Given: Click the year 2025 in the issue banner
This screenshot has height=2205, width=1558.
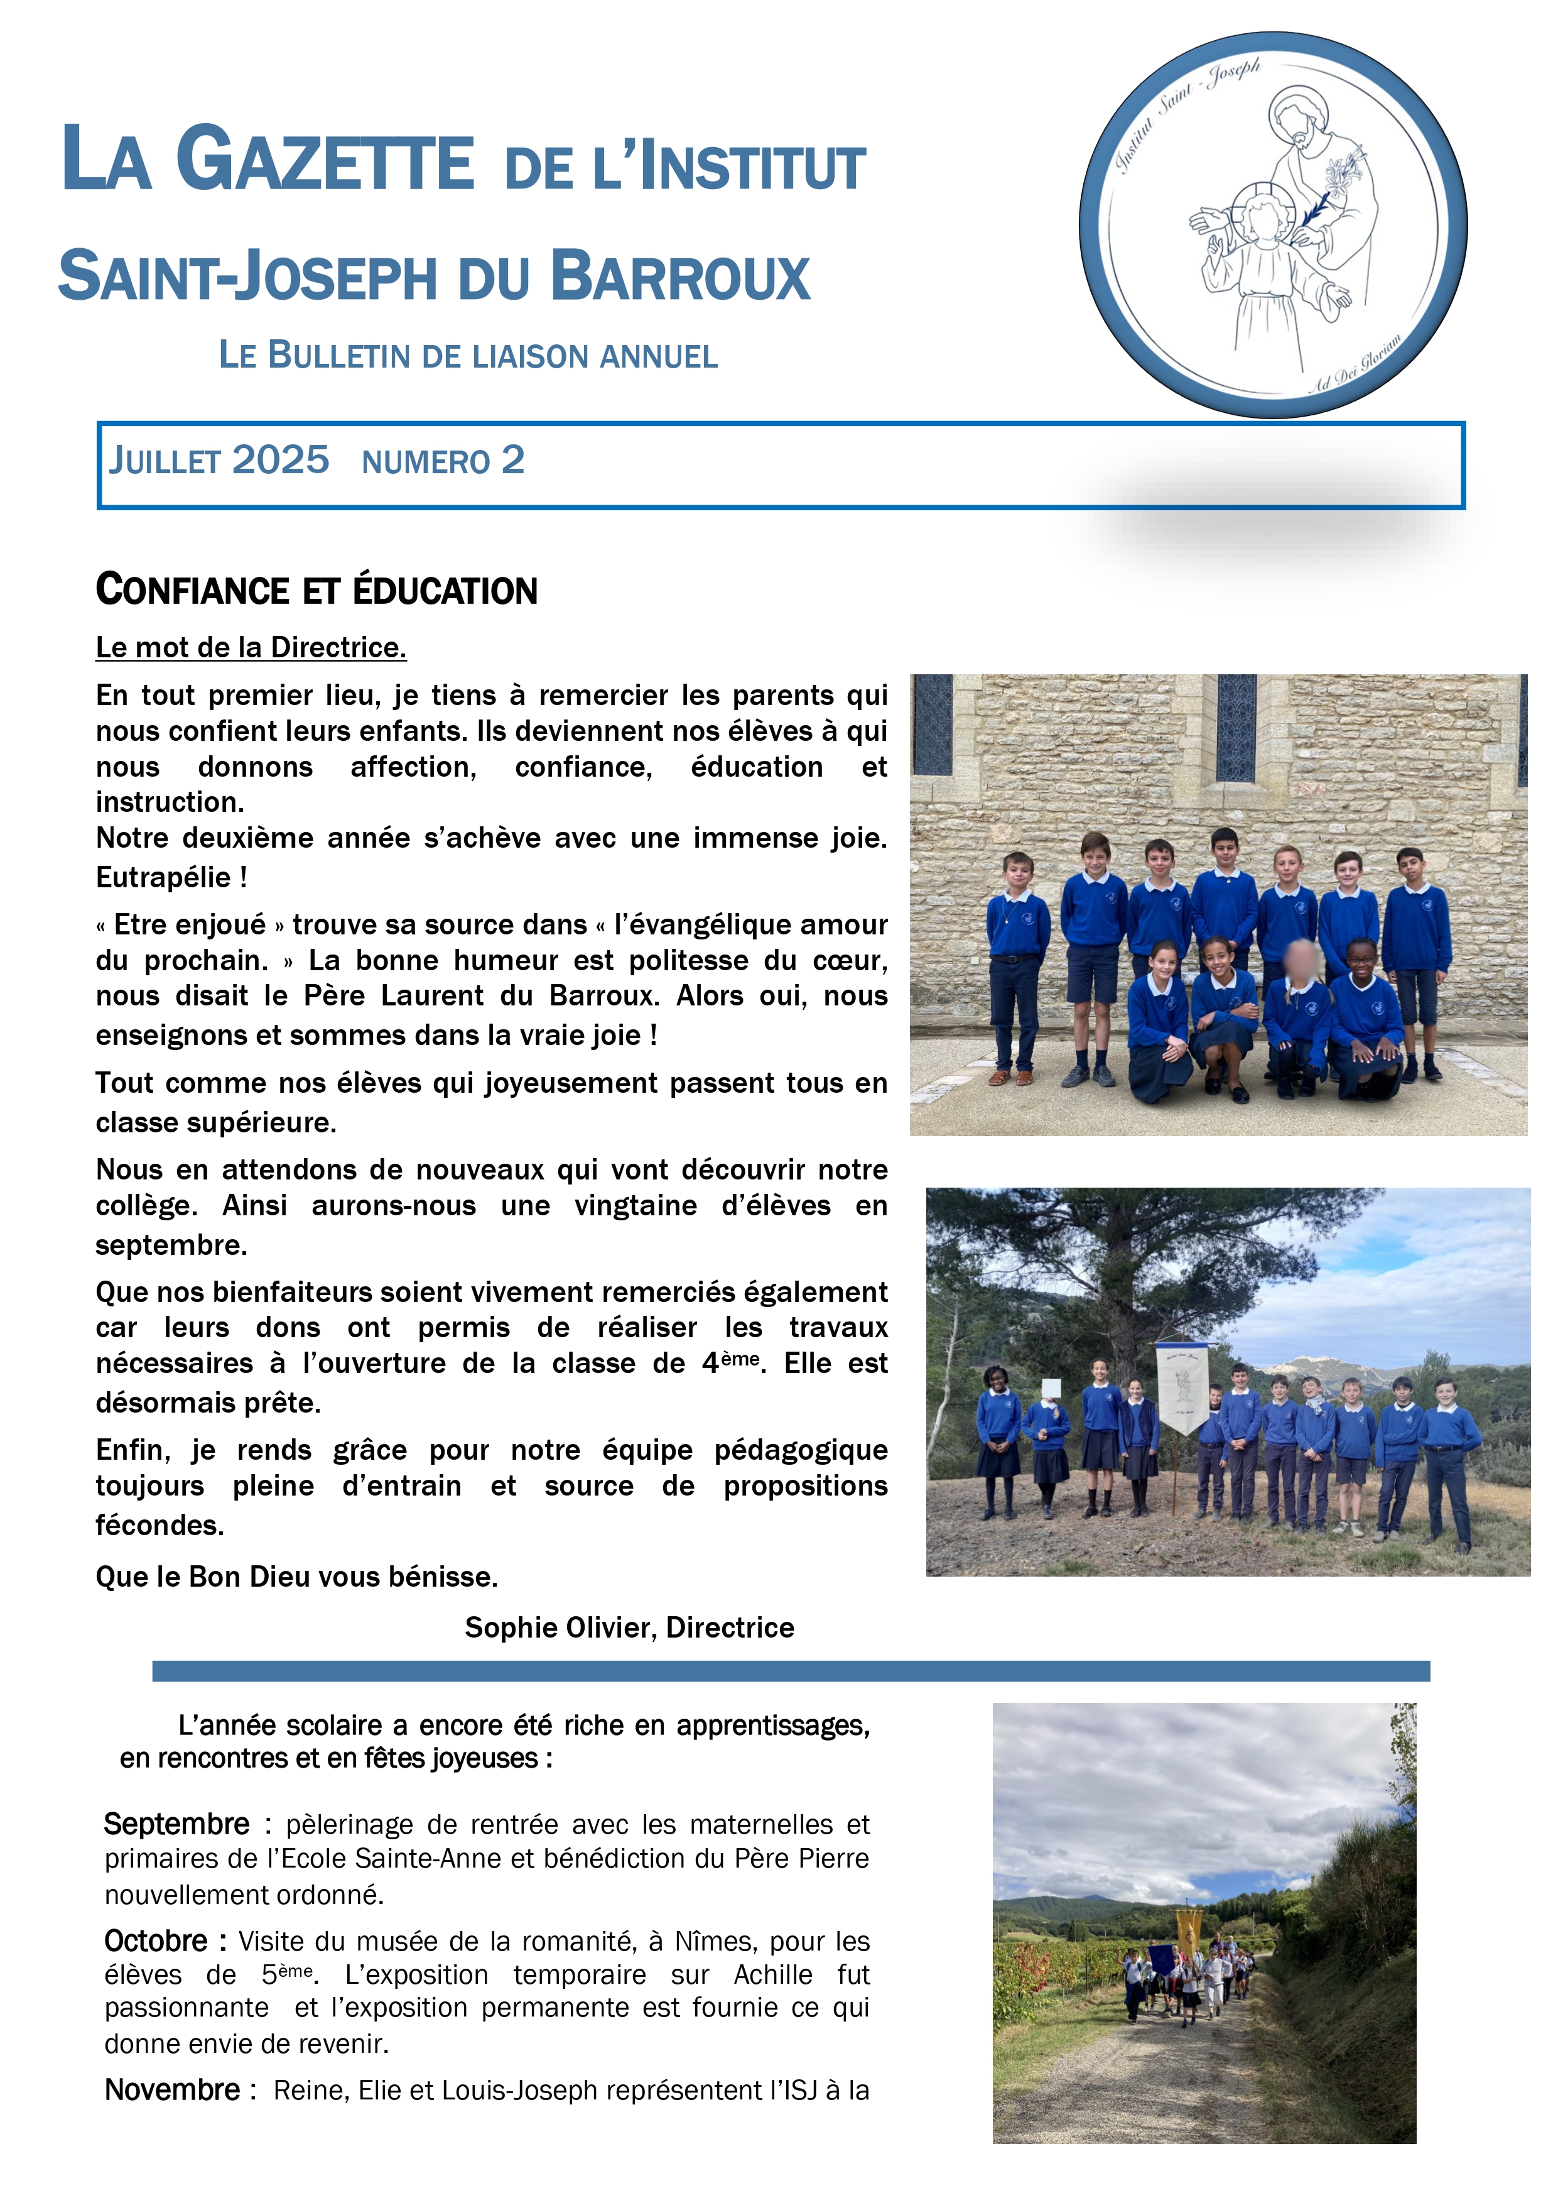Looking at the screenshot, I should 280,460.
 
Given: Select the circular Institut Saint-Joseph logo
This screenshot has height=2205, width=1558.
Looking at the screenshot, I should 1273,225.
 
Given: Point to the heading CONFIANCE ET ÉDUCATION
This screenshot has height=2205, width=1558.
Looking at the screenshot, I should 316,589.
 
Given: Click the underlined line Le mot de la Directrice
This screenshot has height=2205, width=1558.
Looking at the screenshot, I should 251,647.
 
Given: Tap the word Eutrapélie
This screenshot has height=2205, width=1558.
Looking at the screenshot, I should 163,877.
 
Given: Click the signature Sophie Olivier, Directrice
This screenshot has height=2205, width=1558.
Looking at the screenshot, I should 629,1627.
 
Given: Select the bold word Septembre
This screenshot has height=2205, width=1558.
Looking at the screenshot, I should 176,1824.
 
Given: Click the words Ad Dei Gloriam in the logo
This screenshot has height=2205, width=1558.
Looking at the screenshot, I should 1356,364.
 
